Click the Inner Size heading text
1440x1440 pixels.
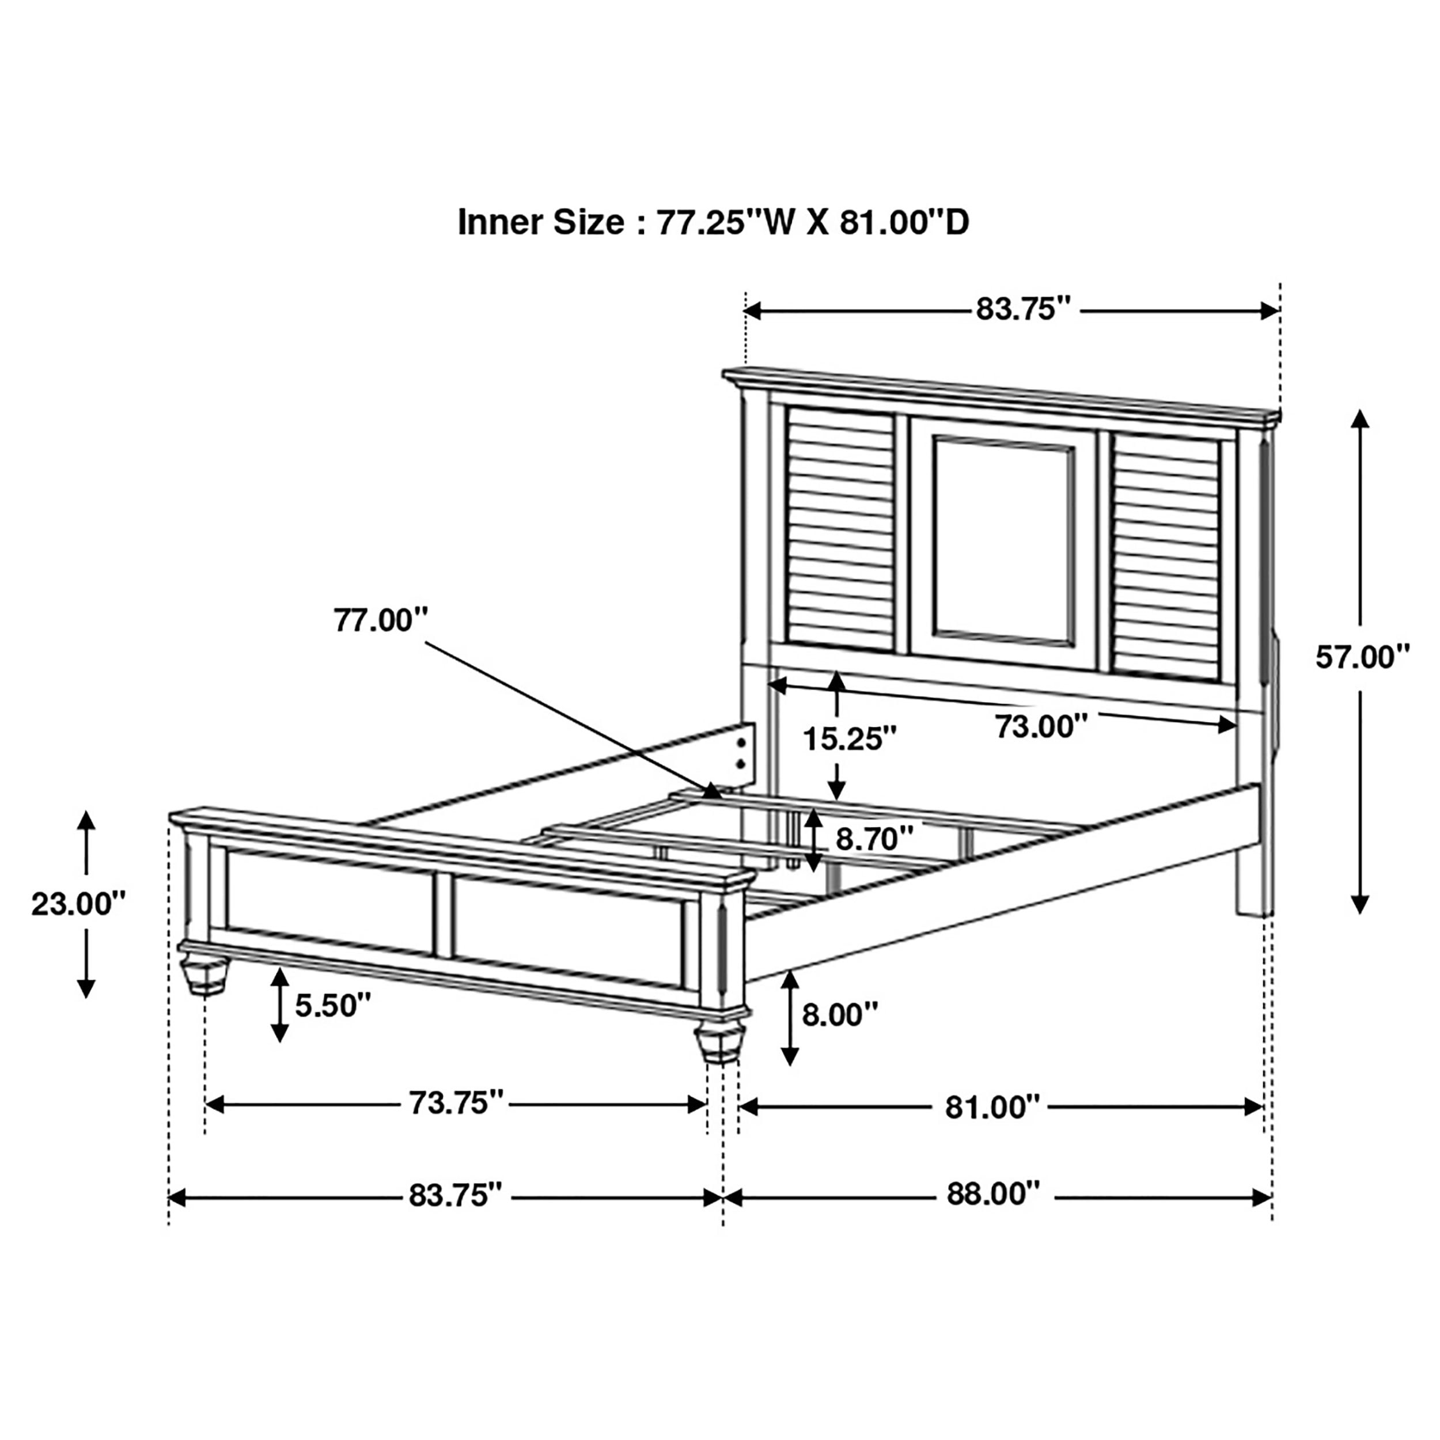(x=713, y=222)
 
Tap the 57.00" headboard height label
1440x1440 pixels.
(x=1362, y=657)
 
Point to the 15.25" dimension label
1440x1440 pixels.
(x=849, y=740)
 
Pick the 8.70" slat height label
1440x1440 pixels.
(x=874, y=839)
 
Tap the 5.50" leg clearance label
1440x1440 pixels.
(x=332, y=1006)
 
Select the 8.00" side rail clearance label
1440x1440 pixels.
(x=840, y=1014)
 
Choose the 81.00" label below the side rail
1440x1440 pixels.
(x=992, y=1108)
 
